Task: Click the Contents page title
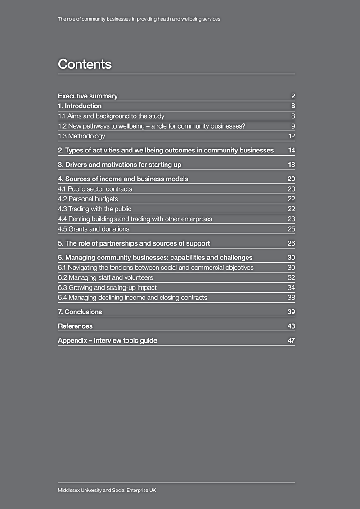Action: point(85,64)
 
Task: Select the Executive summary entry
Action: point(88,96)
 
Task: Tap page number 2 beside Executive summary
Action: point(293,96)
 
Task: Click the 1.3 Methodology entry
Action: point(81,136)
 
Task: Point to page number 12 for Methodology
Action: point(291,136)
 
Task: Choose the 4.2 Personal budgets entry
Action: point(88,199)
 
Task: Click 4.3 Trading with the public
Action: point(94,209)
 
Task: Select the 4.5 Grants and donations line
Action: point(94,229)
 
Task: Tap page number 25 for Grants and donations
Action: point(291,229)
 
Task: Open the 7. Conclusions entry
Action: point(80,312)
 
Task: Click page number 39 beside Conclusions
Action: point(291,312)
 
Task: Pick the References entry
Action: point(75,326)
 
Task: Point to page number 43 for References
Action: point(291,326)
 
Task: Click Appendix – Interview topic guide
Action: point(108,340)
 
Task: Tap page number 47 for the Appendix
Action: point(291,340)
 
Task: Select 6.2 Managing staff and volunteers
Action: point(105,277)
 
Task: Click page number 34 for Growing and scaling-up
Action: point(291,287)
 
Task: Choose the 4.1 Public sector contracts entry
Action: point(95,189)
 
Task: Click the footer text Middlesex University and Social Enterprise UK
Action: point(107,490)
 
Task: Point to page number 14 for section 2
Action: point(291,150)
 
